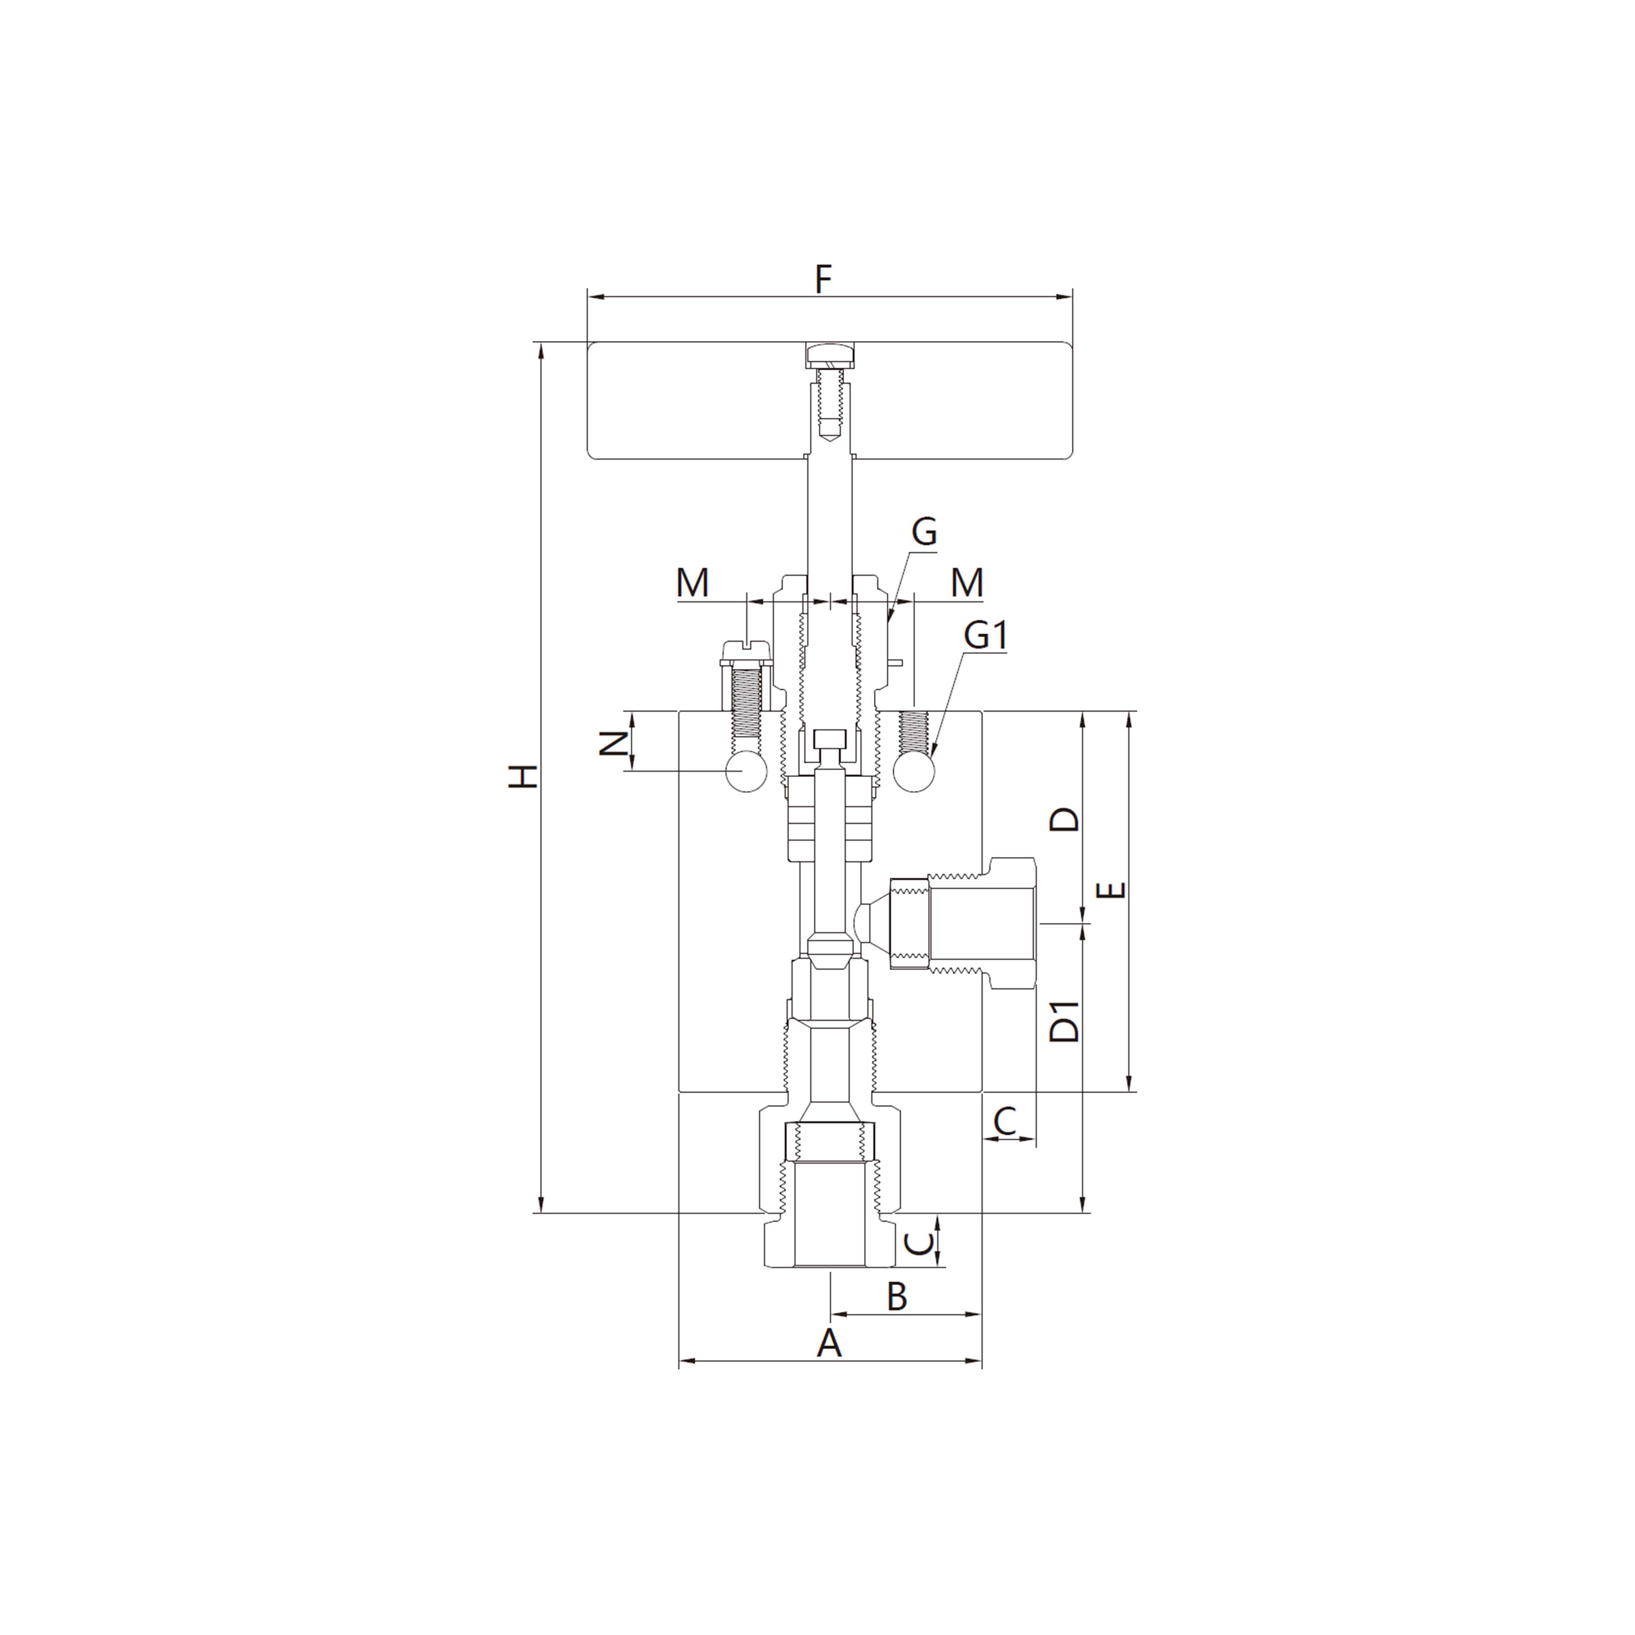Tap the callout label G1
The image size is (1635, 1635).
click(985, 635)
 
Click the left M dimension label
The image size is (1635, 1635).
click(692, 582)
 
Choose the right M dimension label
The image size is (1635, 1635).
click(966, 582)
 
